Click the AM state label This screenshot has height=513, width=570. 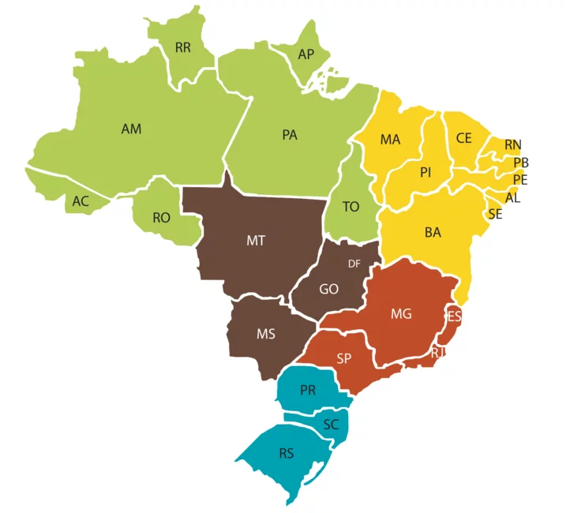pos(131,129)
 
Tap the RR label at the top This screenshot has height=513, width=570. pos(183,48)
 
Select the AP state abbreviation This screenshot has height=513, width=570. pos(306,54)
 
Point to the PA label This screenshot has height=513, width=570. pos(290,135)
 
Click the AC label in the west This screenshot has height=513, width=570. pos(81,201)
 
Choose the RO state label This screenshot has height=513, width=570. pos(161,217)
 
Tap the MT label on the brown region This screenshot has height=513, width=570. pos(255,241)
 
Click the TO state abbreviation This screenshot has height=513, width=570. pos(351,207)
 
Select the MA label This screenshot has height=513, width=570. pos(390,140)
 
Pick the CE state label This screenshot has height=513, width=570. pos(463,138)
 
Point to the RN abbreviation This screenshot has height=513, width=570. pos(513,144)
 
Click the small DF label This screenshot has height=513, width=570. pos(354,264)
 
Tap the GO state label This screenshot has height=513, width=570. pos(329,289)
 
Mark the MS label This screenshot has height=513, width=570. pos(266,334)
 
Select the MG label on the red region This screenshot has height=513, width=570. pos(401,314)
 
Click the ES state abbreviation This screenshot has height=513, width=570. pos(454,316)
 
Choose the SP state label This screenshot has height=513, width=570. pos(343,358)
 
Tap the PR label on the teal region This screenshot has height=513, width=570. pos(308,391)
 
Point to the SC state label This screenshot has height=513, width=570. pos(332,425)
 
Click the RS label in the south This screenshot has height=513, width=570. pos(287,454)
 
